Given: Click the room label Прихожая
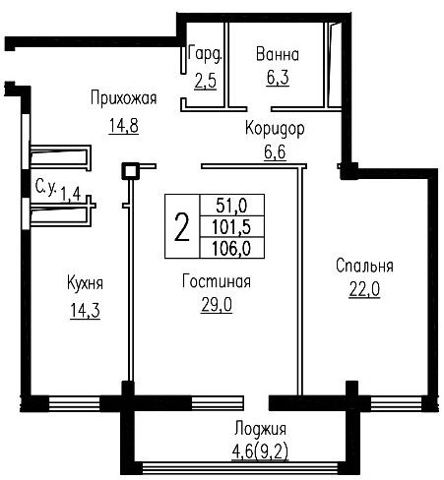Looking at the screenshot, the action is click(123, 97).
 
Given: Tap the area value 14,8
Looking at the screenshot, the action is click(124, 125).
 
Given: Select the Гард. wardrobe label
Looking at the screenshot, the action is click(206, 54).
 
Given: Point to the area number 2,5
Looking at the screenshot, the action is click(206, 81).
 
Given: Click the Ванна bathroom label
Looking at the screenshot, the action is click(278, 54).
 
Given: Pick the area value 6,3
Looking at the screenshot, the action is click(278, 78).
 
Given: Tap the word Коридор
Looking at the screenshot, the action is click(275, 129).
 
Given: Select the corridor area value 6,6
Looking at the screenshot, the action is click(275, 152).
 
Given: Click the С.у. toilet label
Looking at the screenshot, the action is click(46, 188).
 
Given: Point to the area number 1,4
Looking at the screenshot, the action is click(71, 194).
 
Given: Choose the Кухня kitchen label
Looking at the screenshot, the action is click(85, 283).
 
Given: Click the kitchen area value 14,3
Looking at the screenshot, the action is click(85, 310).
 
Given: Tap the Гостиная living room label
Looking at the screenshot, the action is click(217, 281).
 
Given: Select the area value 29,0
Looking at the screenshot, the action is click(217, 305).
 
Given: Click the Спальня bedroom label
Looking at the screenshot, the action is click(364, 266).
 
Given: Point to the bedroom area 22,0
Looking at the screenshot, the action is click(364, 289).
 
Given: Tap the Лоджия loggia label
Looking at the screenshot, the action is click(260, 429).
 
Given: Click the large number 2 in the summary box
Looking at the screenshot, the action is click(182, 226).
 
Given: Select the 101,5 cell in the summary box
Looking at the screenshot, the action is click(231, 226).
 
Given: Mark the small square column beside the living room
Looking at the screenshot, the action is click(130, 171).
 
